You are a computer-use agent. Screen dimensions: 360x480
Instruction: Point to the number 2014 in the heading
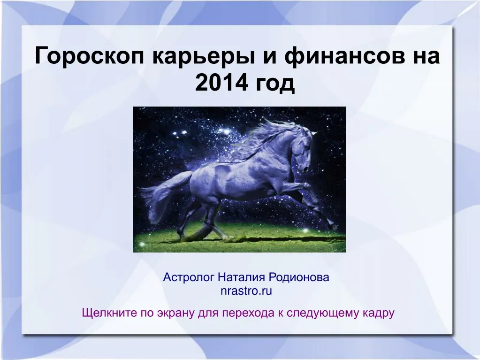221,84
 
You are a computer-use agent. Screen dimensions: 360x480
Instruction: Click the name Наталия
242,277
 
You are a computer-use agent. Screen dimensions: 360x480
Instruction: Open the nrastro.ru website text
246,291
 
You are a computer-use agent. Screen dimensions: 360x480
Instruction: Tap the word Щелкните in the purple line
109,313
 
